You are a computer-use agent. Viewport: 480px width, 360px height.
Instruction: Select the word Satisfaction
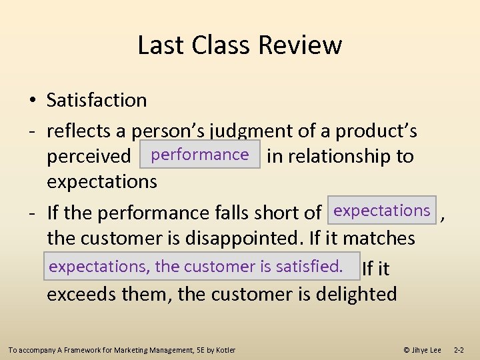tap(97, 100)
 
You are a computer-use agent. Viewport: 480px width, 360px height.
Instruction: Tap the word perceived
tap(89, 157)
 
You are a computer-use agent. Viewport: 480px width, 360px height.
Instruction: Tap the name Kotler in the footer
tap(225, 350)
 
